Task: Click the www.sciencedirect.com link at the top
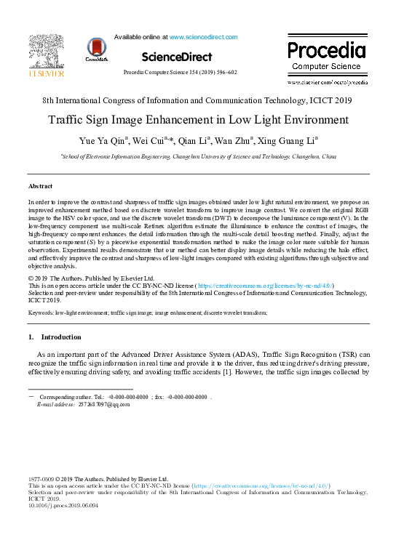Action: click(203, 36)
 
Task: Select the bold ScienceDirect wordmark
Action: click(177, 57)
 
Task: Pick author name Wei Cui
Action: click(155, 140)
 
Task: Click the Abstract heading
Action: click(40, 187)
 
